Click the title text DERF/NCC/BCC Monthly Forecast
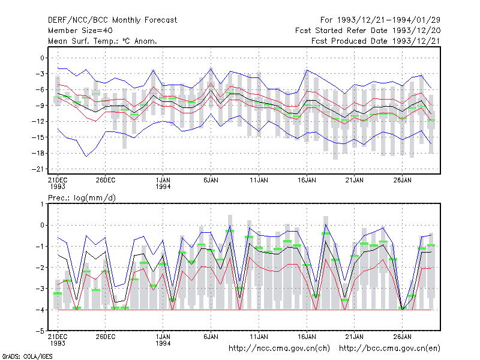112,20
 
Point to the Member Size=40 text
80,31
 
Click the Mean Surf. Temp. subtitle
103,41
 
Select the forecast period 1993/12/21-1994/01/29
380,20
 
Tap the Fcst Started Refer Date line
368,31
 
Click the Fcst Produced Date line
376,41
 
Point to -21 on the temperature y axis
38,169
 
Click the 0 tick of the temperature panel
42,58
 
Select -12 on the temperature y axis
38,122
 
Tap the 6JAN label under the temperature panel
211,181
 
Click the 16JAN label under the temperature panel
307,181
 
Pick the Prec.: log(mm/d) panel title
82,198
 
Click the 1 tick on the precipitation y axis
42,204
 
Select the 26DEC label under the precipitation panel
106,337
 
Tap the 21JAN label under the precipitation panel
355,337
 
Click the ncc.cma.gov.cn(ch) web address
279,349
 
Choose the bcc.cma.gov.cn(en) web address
389,349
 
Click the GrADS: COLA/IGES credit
27,356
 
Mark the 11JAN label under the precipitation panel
259,337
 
